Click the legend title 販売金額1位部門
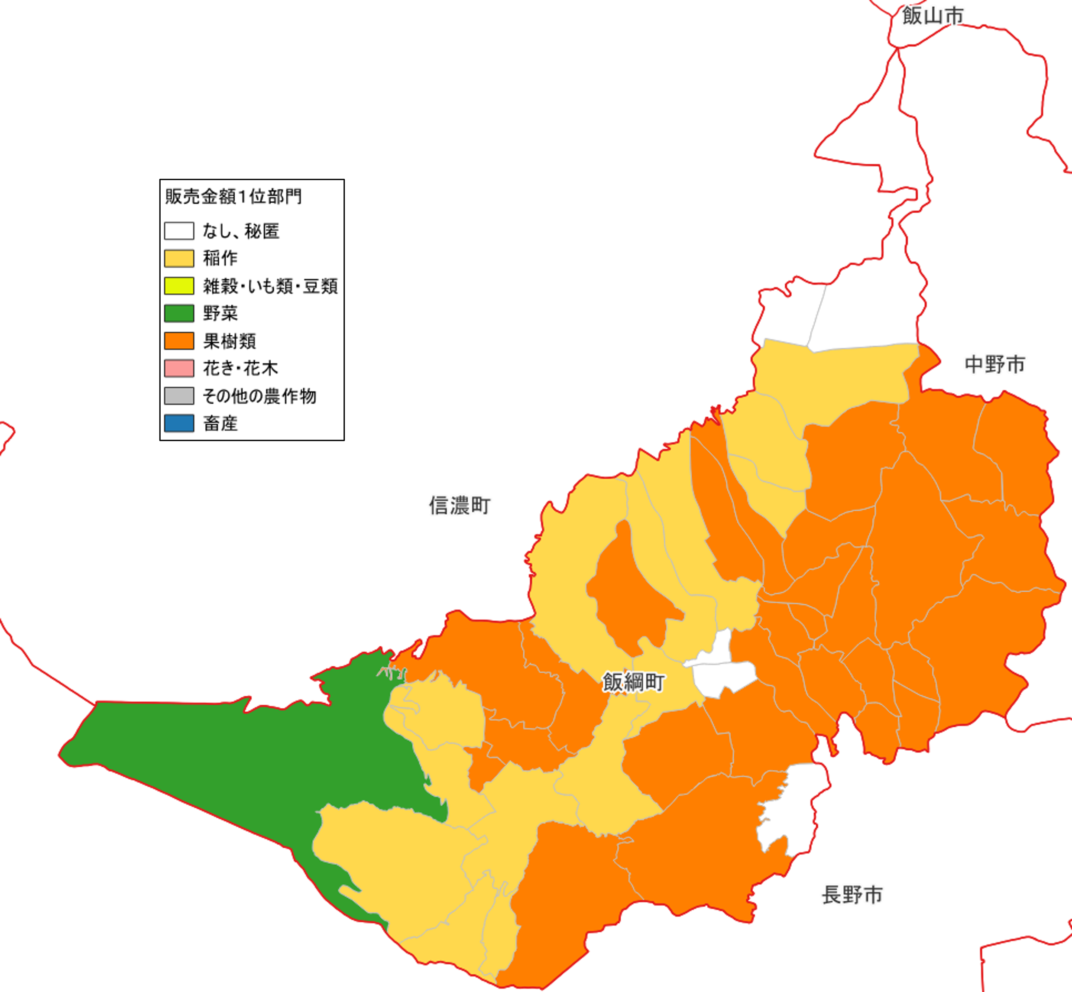tap(233, 197)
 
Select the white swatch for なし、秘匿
tap(179, 231)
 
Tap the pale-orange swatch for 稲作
tap(179, 258)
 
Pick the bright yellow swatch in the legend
tap(179, 285)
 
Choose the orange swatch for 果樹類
tap(179, 341)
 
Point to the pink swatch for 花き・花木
tap(179, 368)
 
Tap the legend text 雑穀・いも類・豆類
tap(270, 286)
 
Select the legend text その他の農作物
tap(259, 397)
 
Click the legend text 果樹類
tap(229, 341)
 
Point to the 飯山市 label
tap(933, 16)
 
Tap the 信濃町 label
tap(460, 506)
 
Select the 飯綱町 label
tap(633, 682)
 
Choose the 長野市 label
tap(852, 895)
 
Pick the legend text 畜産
tap(220, 424)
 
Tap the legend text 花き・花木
tap(240, 369)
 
